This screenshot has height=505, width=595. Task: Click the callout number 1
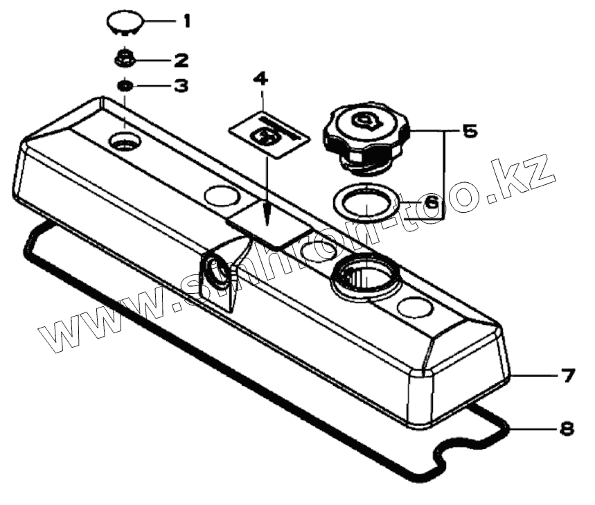pos(185,21)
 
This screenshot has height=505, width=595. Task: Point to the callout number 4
pos(260,79)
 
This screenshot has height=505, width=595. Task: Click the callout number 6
pos(429,203)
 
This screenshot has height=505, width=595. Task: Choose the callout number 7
pos(567,376)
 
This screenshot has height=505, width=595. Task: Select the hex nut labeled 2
pos(125,59)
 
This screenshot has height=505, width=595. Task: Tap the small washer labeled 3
pos(125,86)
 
